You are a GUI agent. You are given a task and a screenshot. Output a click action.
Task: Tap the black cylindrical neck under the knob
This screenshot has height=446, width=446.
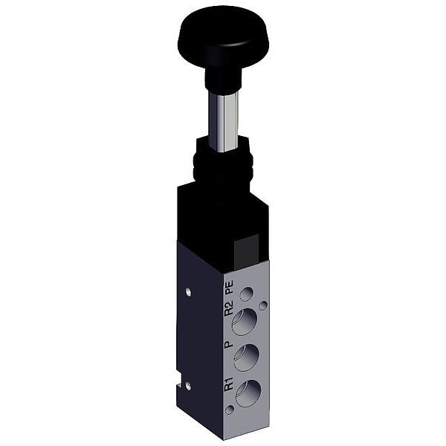(x=223, y=80)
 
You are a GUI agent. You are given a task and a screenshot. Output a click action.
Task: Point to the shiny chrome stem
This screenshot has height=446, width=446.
(x=223, y=122)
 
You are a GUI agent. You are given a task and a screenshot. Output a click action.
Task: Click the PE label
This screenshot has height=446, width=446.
(x=229, y=287)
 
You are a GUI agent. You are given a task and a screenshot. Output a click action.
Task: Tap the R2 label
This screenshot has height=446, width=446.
(x=229, y=308)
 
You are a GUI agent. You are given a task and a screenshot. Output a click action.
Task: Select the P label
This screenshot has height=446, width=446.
(x=228, y=344)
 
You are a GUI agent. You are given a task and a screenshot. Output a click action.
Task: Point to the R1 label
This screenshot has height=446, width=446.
(x=229, y=384)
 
